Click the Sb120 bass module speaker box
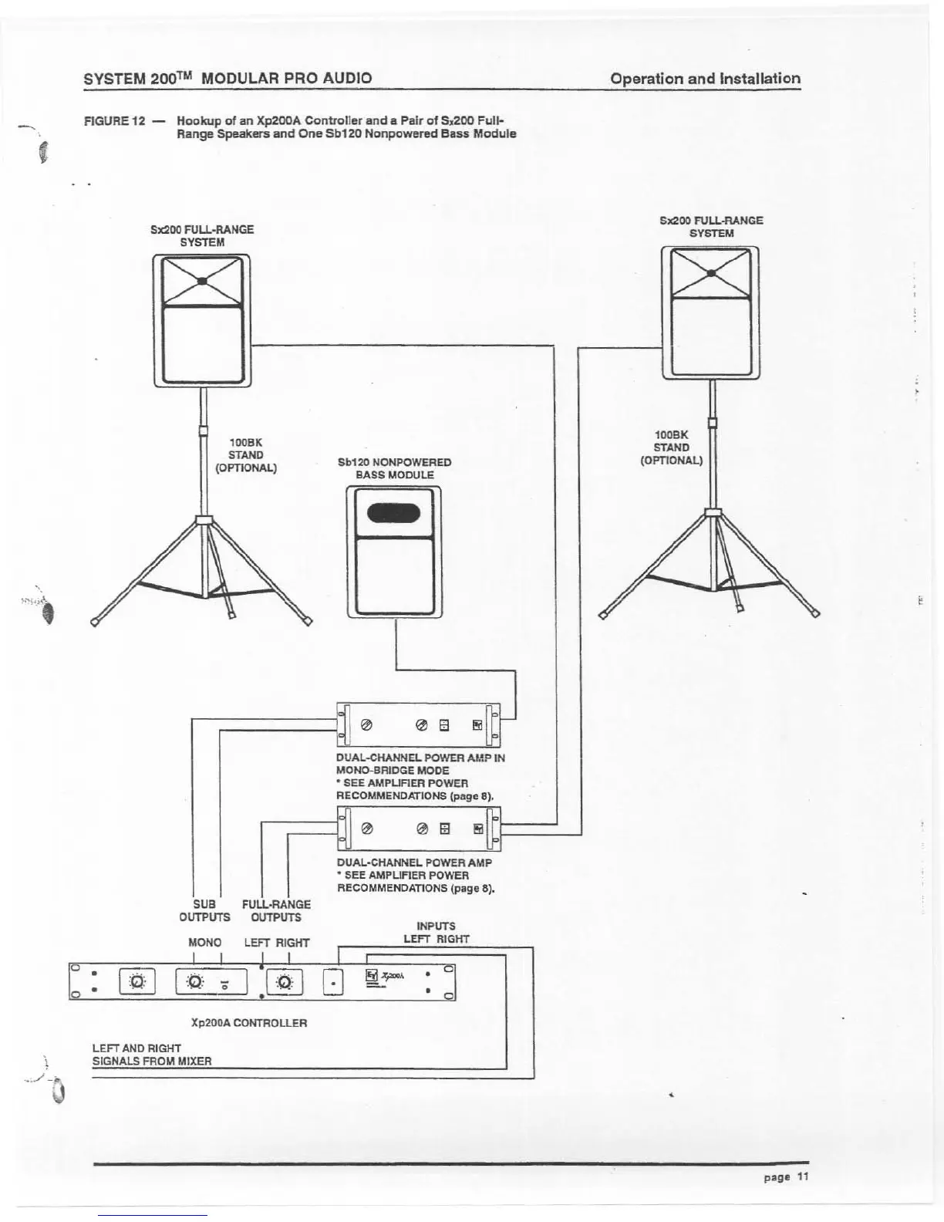[x=395, y=552]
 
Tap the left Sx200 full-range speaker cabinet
[x=201, y=320]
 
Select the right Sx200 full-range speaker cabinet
[x=710, y=312]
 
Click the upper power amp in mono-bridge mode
[x=418, y=724]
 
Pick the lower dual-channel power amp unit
[x=418, y=829]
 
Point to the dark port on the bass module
[x=393, y=513]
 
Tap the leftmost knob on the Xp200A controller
[x=137, y=982]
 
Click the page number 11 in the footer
[x=803, y=1176]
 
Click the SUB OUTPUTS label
[x=204, y=910]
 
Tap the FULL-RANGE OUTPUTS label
[x=276, y=910]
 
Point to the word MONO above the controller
[x=204, y=943]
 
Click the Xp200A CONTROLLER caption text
[x=248, y=1023]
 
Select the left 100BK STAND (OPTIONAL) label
[x=246, y=455]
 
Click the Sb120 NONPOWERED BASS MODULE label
[x=394, y=468]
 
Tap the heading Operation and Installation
[x=705, y=79]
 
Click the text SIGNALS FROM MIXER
[x=151, y=1061]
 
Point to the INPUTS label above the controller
[x=436, y=926]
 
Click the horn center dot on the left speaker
[x=201, y=282]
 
